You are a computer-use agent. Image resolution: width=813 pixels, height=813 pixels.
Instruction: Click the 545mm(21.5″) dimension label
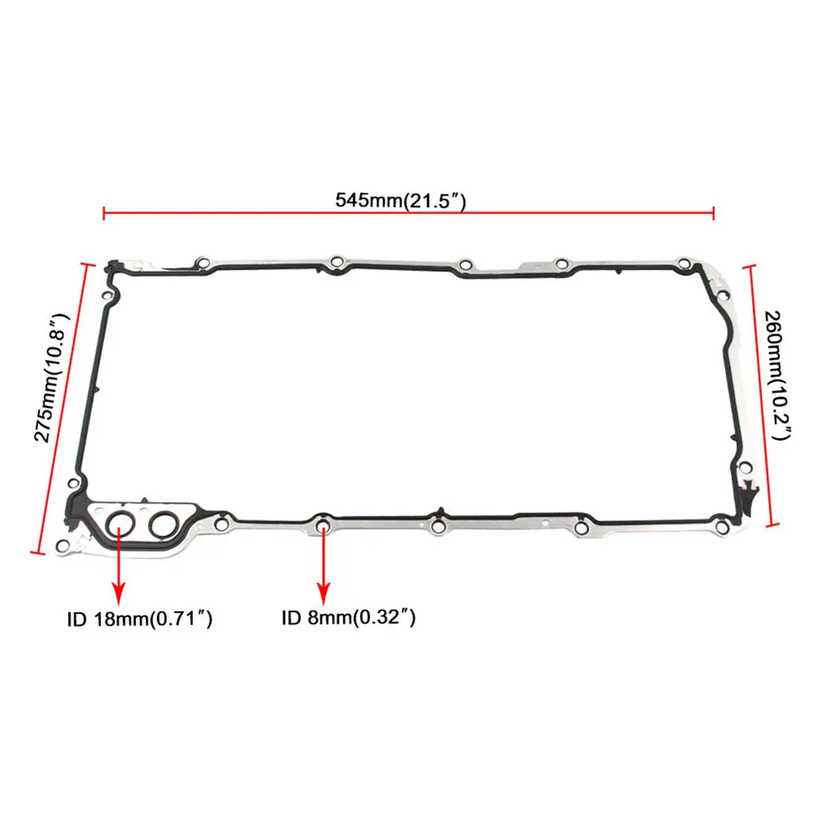click(x=400, y=200)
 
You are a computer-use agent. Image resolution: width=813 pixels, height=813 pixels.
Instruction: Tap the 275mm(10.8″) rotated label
click(x=52, y=377)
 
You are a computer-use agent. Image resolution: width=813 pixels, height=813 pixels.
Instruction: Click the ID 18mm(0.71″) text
click(x=139, y=619)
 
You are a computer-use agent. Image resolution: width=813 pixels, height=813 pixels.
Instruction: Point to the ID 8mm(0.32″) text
click(x=349, y=617)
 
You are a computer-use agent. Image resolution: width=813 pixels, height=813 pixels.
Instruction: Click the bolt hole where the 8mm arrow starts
click(x=324, y=525)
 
